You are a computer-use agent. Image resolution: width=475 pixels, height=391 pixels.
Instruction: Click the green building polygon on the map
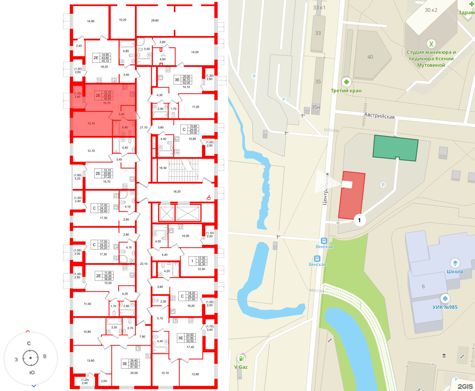(395, 148)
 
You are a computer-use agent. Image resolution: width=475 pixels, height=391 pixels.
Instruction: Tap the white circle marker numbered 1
(359, 220)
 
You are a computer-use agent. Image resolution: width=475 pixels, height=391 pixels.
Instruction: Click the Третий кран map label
(346, 90)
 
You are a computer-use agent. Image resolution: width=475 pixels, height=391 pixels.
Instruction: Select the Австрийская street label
(379, 117)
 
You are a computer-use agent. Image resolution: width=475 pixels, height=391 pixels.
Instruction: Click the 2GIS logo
(465, 386)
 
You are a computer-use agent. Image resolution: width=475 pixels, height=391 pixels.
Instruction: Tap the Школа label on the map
(455, 272)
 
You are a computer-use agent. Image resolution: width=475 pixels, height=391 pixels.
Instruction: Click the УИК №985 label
(444, 307)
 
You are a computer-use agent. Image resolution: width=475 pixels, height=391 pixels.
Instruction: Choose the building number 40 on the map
(370, 57)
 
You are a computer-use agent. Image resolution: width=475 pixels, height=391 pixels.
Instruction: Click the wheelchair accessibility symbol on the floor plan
(209, 198)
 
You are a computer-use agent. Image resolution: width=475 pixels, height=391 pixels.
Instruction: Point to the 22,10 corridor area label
(143, 263)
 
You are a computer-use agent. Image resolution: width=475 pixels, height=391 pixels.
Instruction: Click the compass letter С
(29, 343)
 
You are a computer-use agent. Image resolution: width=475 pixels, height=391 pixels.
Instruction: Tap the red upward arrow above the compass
(28, 331)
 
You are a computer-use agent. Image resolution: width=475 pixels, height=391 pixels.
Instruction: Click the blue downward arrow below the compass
(34, 385)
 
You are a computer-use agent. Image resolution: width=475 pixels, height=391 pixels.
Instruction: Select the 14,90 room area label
(91, 21)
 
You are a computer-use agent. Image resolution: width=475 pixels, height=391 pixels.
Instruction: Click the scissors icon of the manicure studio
(431, 44)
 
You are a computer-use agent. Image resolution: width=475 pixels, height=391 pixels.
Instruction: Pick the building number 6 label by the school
(423, 287)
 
